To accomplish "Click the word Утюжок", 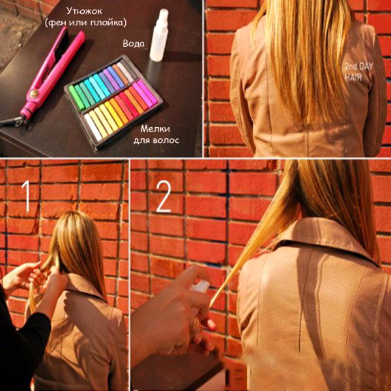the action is [x=84, y=12].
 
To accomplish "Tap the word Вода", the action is [x=134, y=44].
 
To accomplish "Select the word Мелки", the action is [x=155, y=129].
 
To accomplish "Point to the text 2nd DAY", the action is [x=358, y=66].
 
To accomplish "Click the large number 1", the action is [x=26, y=196].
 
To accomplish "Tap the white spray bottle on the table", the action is [x=159, y=35].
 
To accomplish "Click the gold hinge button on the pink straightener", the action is [x=34, y=93].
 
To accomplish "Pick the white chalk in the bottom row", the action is [x=93, y=127].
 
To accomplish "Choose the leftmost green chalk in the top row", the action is [x=76, y=98].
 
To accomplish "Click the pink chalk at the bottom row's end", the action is [x=147, y=92].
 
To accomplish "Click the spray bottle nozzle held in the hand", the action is [x=200, y=287].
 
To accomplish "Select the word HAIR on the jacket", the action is [x=353, y=77].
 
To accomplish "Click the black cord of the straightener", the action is [x=12, y=121].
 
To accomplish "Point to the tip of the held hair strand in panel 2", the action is [x=210, y=307].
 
